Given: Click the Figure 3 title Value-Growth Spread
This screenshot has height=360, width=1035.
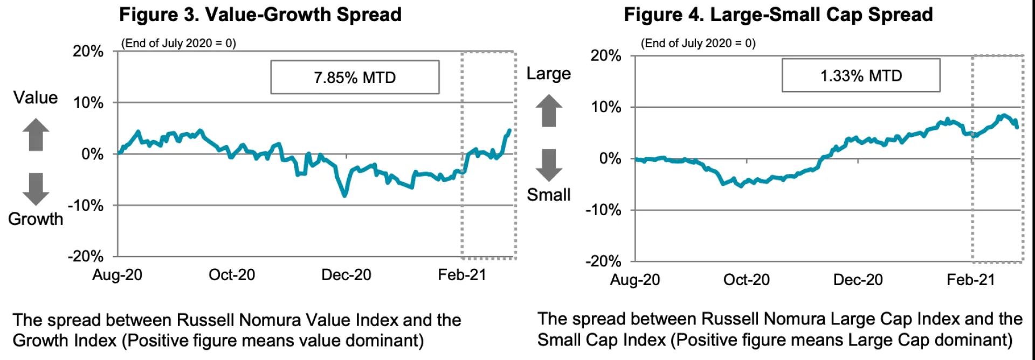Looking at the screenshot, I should tap(260, 15).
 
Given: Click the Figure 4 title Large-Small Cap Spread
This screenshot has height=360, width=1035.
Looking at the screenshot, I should tap(778, 15).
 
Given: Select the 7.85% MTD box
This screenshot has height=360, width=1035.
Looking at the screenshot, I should tap(355, 78).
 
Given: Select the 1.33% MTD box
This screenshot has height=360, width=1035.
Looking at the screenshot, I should tap(861, 76).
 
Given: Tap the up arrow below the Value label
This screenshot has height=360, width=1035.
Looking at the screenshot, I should tap(36, 134).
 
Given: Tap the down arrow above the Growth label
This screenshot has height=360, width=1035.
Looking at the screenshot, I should tap(36, 189).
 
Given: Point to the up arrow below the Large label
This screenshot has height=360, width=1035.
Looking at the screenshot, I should tap(549, 110).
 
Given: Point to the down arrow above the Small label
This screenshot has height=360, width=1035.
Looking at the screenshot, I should tap(549, 165).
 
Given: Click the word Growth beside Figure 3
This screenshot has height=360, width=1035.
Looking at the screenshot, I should tap(36, 219).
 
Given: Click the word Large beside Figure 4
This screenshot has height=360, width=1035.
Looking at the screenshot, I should tap(549, 73).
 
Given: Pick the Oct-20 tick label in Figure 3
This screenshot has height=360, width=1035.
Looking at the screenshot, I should tap(232, 275).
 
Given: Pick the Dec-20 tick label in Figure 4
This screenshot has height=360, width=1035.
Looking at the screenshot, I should tap(858, 280).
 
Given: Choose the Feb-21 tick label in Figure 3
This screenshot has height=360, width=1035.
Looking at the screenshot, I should tap(462, 275).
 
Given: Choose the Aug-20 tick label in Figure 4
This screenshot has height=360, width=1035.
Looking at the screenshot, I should tap(635, 280).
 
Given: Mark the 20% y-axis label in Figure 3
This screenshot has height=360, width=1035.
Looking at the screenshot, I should tap(88, 51).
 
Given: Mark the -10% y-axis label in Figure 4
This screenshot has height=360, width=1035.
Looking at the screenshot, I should tap(604, 210).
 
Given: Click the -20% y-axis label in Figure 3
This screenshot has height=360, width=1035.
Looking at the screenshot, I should tap(86, 256).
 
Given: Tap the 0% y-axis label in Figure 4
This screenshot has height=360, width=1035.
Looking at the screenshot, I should tap(610, 158).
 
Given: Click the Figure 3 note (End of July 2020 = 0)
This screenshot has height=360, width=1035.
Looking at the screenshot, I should tap(178, 43).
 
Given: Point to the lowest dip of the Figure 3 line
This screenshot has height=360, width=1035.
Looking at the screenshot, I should tap(344, 195).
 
